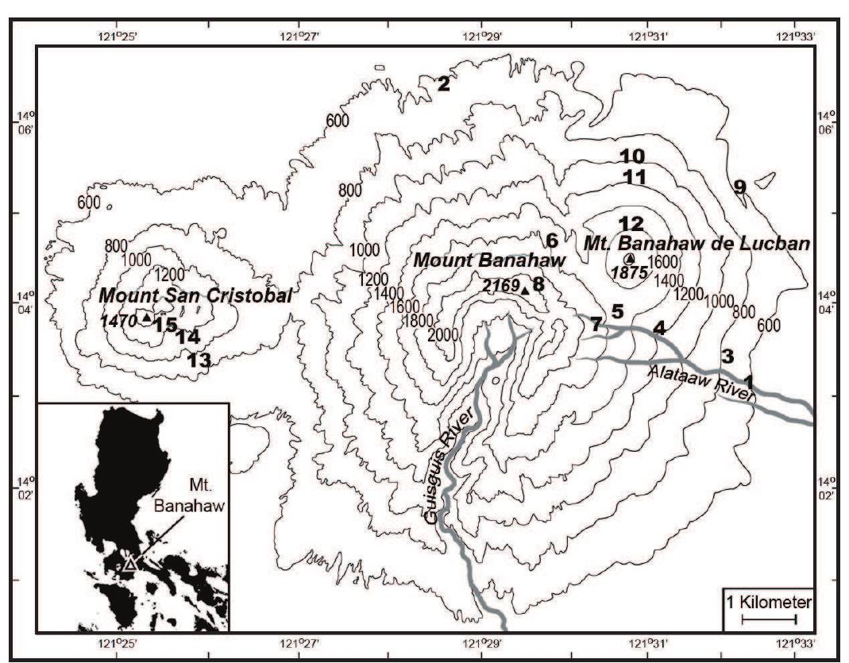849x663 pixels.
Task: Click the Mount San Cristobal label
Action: pos(195,295)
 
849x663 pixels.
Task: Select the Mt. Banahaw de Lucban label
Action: pos(697,244)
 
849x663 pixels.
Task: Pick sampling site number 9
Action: pos(739,187)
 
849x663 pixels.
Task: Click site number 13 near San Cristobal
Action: pos(199,360)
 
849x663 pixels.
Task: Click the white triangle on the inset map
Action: pos(129,564)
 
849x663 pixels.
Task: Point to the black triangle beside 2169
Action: pos(525,291)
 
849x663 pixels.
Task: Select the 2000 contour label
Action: pos(442,335)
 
